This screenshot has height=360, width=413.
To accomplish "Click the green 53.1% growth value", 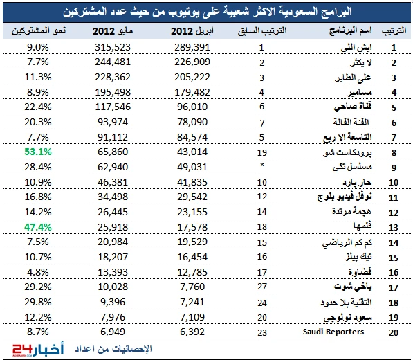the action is point(38,152).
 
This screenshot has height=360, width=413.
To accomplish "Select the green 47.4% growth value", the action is point(38,227).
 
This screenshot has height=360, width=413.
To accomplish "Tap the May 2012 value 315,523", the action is point(113,48).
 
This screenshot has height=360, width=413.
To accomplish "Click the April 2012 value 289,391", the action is point(192,48).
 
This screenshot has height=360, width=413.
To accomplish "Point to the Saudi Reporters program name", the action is point(333,332).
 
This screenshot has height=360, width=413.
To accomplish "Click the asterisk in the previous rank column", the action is point(262,165).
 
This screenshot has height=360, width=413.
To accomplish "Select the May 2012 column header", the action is point(113,31).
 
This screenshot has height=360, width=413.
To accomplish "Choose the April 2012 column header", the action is point(192,31).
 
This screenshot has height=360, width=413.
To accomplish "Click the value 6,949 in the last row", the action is point(113,332).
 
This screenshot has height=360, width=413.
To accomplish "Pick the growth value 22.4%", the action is point(38,107).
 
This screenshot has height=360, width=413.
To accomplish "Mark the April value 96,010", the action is point(192,107).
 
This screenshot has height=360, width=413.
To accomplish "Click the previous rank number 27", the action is point(262,287).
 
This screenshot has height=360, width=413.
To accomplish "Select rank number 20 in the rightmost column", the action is point(394,332).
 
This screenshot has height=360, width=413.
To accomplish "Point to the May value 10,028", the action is point(113,287).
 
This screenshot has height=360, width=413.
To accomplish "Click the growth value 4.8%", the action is point(38,272).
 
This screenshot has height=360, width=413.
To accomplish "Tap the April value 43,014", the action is point(192,152).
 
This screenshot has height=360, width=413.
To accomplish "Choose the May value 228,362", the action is point(113,78).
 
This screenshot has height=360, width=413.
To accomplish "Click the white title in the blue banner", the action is point(208,12).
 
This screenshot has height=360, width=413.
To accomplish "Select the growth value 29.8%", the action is point(38,302).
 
